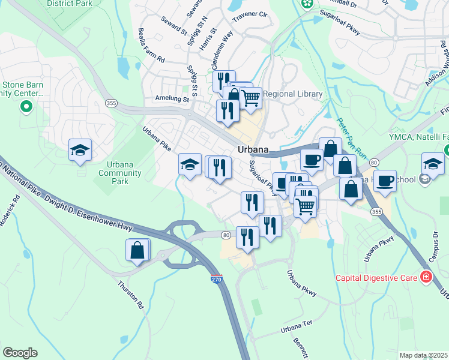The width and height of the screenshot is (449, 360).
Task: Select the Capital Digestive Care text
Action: [x=376, y=278]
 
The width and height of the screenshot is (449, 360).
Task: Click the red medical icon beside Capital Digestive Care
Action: [x=426, y=277]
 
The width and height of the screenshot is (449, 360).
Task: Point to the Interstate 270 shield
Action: [x=217, y=280]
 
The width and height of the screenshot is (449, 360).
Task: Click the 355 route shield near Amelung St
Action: [x=110, y=103]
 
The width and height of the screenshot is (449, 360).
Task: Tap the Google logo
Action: [x=20, y=353]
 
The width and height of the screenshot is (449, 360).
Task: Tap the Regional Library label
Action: [x=293, y=94]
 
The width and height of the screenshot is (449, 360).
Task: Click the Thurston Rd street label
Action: [x=132, y=291]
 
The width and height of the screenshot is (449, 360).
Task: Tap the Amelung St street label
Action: [x=171, y=98]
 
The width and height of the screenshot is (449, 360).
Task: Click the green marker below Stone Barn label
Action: [x=26, y=107]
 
